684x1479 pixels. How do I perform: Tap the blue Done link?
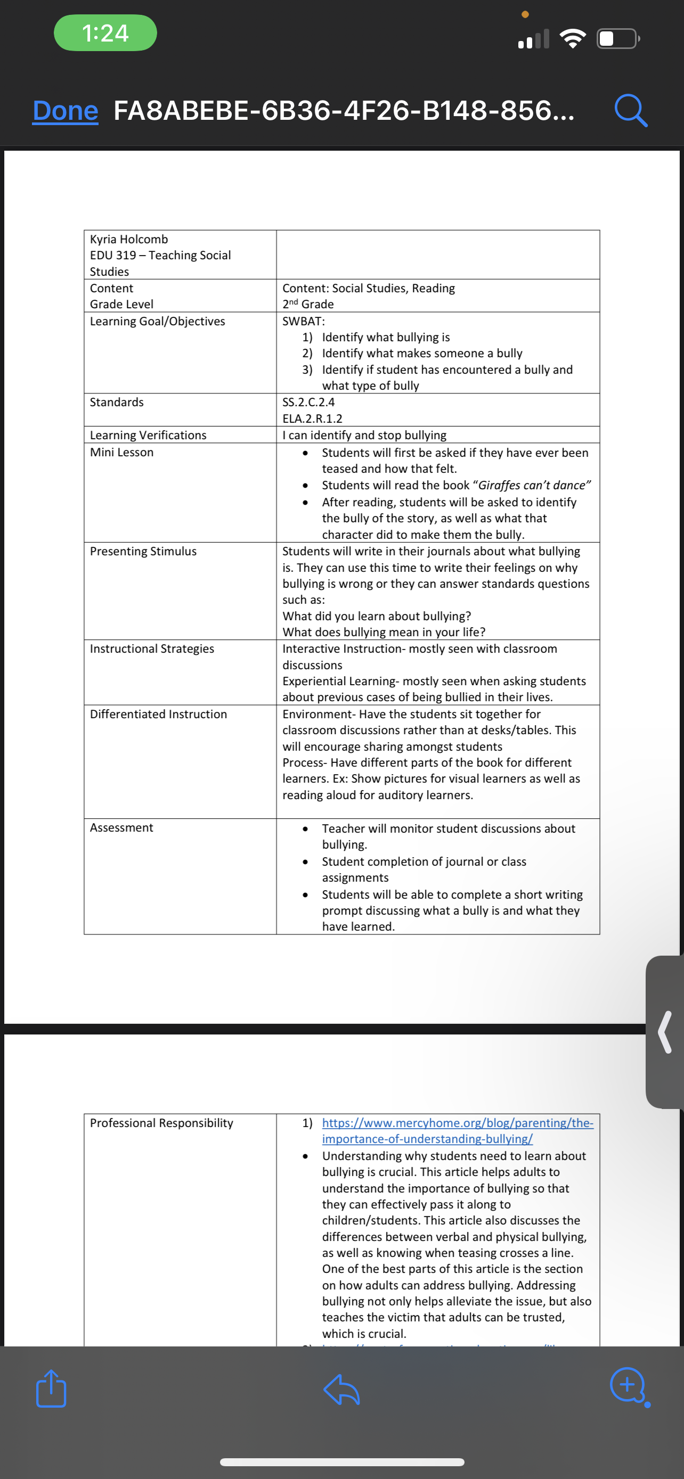[65, 110]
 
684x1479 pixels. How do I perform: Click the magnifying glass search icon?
[631, 110]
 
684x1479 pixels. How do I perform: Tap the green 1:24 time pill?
[105, 32]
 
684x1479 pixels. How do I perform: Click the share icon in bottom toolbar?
[51, 1388]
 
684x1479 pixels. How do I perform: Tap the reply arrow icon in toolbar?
[341, 1390]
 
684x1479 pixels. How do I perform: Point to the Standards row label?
[117, 402]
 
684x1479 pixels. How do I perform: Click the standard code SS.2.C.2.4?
[308, 402]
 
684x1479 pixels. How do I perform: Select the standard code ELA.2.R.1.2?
[312, 418]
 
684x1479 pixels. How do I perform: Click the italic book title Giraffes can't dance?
[532, 485]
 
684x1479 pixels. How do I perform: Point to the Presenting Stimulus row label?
[143, 551]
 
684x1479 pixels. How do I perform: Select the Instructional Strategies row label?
[152, 649]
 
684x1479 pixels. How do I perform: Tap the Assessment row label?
[121, 827]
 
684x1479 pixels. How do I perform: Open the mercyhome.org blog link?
[457, 1130]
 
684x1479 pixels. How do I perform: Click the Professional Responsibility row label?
[161, 1123]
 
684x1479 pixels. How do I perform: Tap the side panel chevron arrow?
[665, 1032]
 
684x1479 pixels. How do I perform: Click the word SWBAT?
[303, 321]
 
